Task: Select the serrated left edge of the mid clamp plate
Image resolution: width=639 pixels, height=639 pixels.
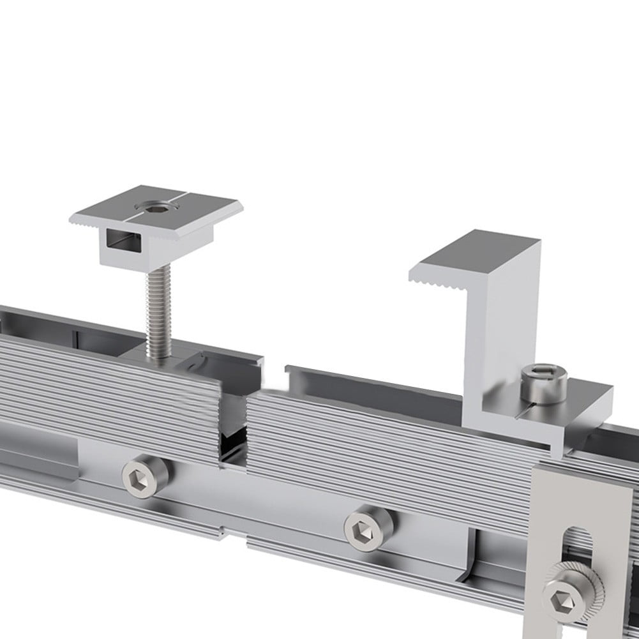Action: [x=84, y=223]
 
